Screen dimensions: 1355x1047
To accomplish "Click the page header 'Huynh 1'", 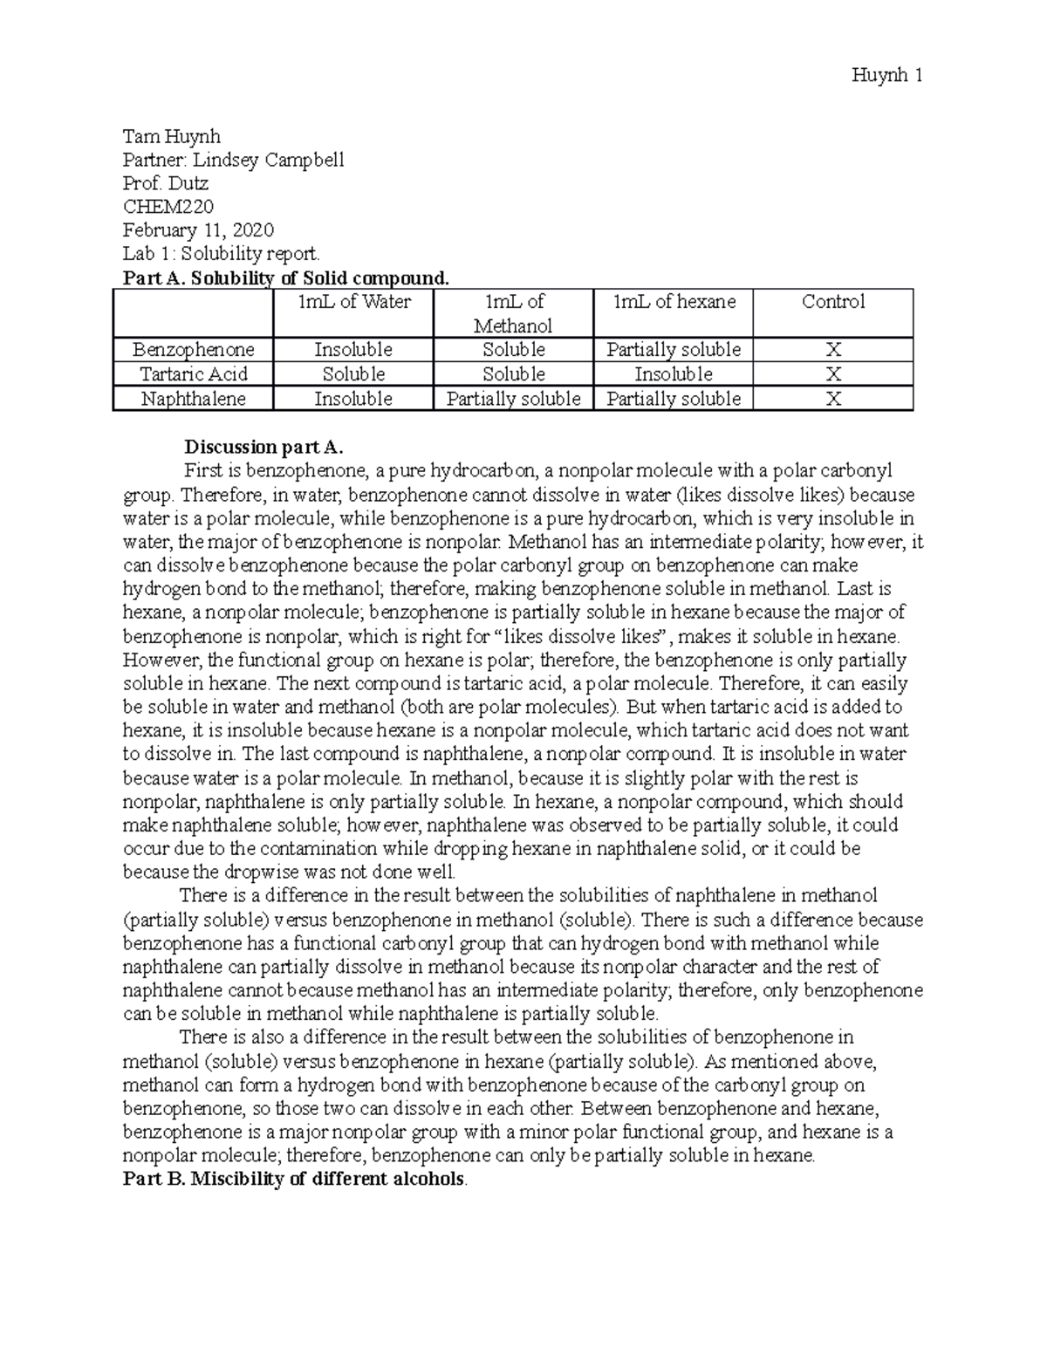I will (886, 76).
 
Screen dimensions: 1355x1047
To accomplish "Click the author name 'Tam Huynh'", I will (171, 136).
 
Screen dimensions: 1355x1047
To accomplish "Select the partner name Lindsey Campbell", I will (233, 160).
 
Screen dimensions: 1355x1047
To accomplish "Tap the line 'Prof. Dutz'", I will (166, 183).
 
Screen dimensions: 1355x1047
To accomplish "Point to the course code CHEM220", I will (168, 207).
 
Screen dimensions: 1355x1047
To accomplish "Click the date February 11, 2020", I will (198, 230).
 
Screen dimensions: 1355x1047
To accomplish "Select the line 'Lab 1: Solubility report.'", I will (222, 254).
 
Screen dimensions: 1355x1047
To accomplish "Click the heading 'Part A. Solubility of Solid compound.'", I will (287, 278).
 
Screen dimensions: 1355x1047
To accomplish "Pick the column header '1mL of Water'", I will (353, 302).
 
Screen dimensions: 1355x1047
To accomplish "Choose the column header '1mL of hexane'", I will (674, 302).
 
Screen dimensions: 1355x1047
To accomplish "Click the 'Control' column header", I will (833, 302).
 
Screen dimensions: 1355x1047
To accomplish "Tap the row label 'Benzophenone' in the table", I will (193, 350).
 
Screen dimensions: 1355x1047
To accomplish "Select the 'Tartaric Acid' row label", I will (193, 374).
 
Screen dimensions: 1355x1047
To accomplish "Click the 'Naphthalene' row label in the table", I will (193, 399).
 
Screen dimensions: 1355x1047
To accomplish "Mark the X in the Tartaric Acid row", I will (833, 374).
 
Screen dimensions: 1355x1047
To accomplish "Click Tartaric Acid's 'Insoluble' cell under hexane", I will (674, 374).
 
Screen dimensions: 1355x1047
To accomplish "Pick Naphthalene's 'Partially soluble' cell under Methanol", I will (513, 399).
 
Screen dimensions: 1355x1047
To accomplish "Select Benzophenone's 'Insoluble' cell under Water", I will (353, 350).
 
